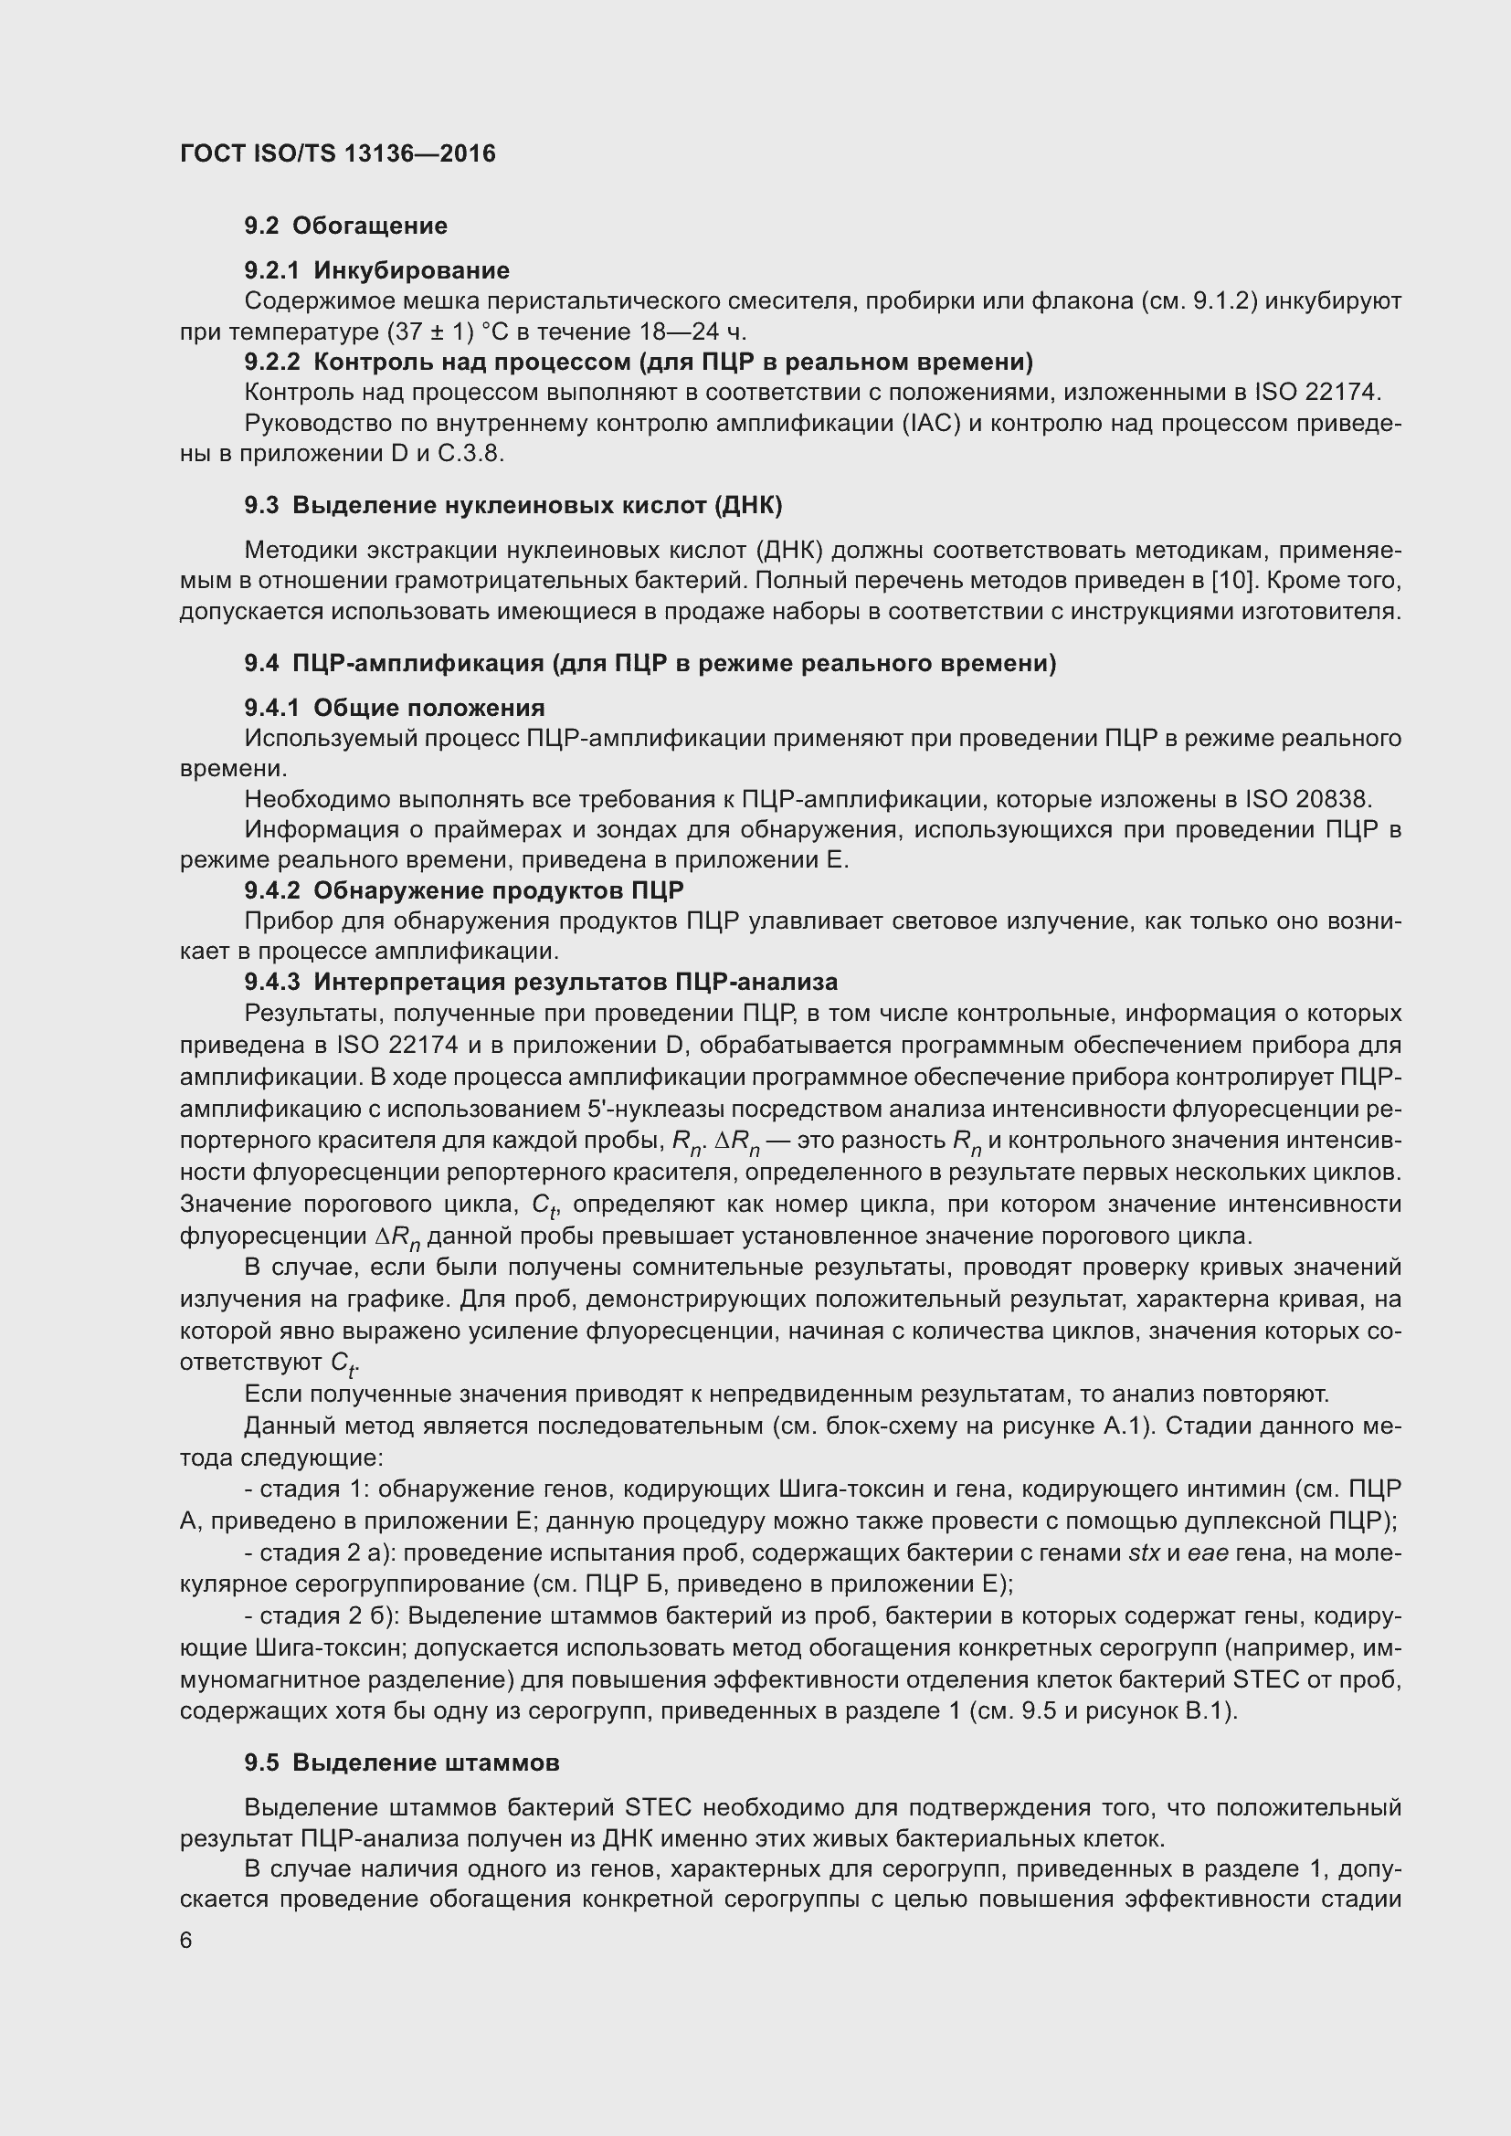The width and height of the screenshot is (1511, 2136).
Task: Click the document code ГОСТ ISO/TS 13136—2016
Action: coord(338,153)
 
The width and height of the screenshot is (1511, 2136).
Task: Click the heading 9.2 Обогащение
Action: coord(345,226)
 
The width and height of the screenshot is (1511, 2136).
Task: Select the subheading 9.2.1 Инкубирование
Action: coord(376,270)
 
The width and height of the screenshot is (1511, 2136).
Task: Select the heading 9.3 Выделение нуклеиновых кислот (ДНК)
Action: coord(512,506)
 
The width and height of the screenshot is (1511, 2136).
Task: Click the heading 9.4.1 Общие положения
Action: coord(395,708)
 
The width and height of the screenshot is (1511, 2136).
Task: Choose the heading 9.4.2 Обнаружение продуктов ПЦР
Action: coord(463,891)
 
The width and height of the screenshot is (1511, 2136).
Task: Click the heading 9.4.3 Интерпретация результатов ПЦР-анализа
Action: coord(541,983)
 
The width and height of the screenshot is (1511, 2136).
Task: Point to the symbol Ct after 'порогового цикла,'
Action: coord(544,1205)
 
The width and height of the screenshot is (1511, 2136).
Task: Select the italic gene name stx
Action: coord(1144,1552)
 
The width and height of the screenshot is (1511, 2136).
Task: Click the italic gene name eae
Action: coord(1209,1552)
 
